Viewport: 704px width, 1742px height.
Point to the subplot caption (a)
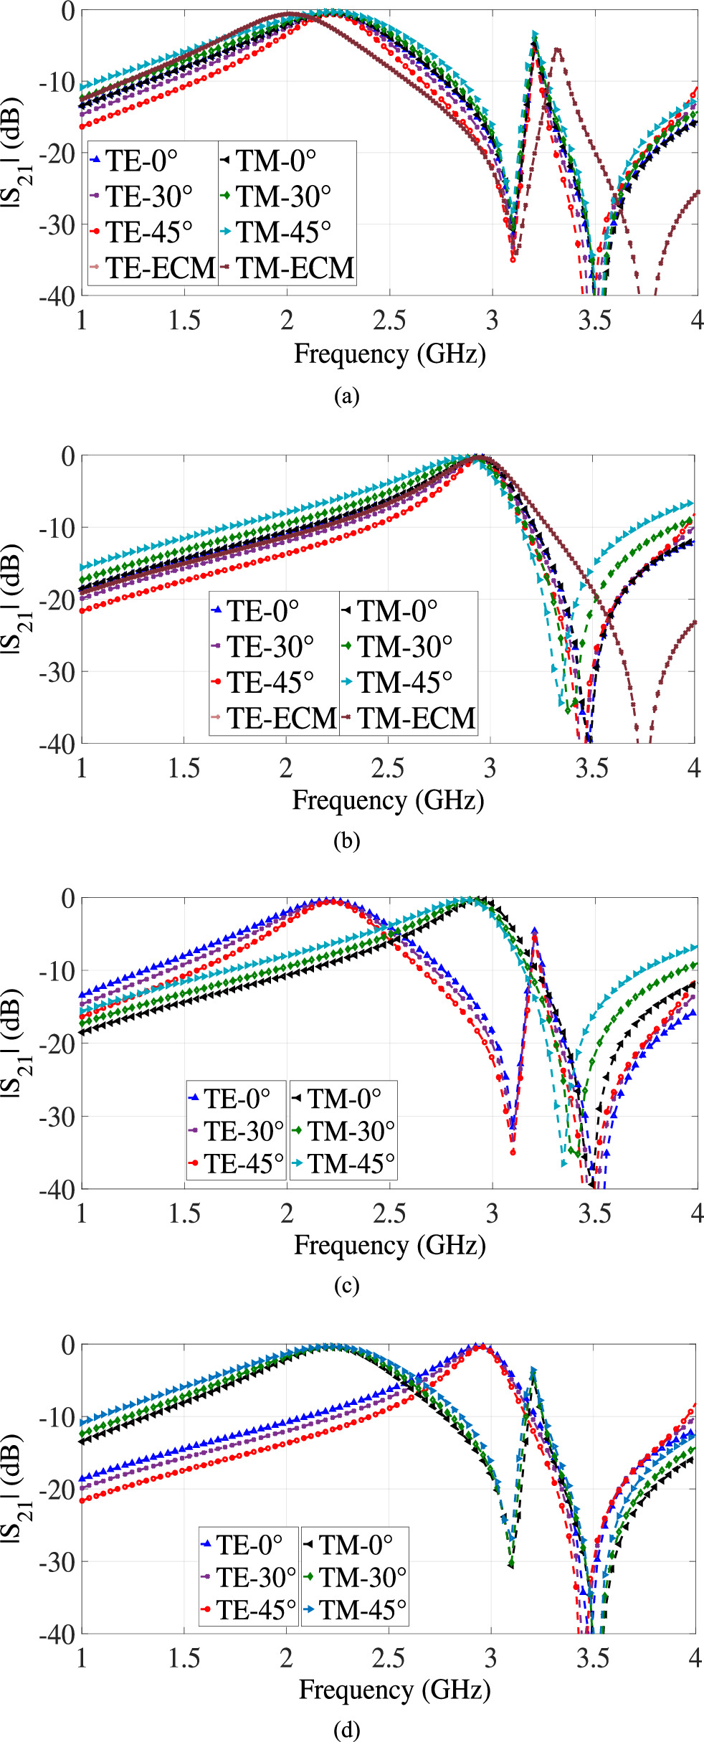click(x=346, y=397)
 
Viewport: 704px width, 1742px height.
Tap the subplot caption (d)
click(x=346, y=1730)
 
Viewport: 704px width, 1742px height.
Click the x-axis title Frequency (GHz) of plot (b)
click(x=388, y=800)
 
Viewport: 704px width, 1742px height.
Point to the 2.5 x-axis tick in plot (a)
click(x=389, y=320)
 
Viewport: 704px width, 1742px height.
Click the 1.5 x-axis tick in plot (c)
click(x=184, y=1213)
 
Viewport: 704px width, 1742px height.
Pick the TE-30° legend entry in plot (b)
click(x=270, y=646)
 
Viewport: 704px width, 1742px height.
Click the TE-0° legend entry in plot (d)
click(x=249, y=1545)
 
